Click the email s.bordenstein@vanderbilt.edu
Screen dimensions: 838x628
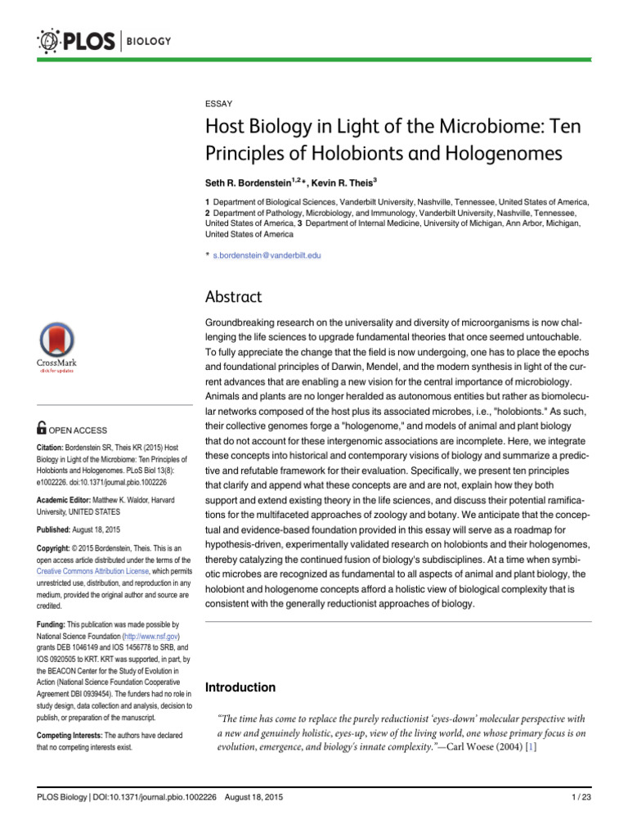pos(267,255)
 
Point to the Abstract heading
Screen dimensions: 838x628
pos(235,296)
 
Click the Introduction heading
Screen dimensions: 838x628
pos(240,687)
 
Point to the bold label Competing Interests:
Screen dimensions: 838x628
pos(69,736)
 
